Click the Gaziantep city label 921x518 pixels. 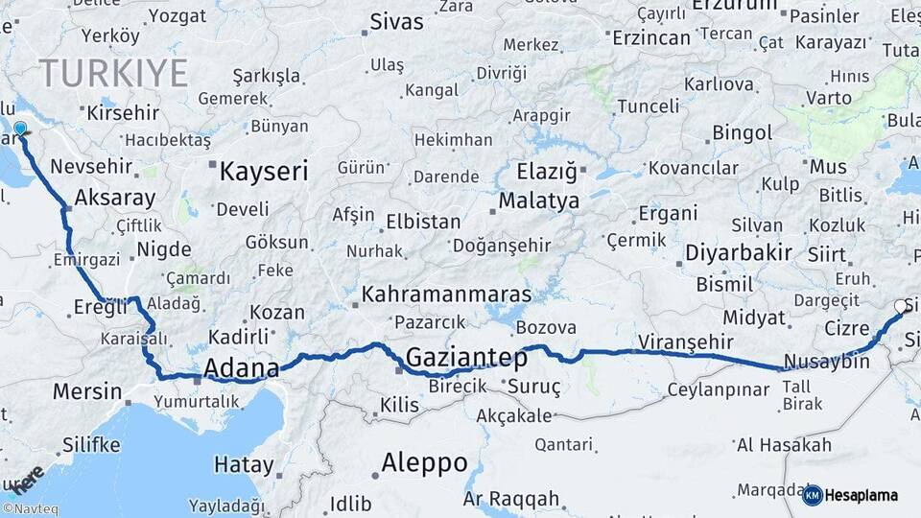[466, 358]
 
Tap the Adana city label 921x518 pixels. [242, 367]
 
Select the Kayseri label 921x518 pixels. [264, 172]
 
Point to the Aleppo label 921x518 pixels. [424, 462]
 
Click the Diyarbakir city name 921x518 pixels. [739, 253]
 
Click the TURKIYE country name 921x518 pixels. [113, 73]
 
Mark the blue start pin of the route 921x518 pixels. [20, 129]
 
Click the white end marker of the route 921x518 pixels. [901, 306]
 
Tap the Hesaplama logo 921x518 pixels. [850, 495]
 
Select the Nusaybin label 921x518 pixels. [826, 362]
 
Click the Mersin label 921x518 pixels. [86, 391]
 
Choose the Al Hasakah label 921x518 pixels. [784, 444]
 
